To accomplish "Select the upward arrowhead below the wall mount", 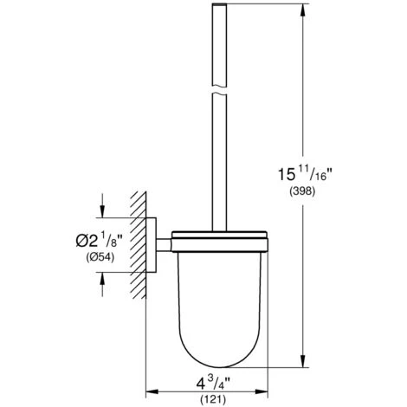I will (x=103, y=276).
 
